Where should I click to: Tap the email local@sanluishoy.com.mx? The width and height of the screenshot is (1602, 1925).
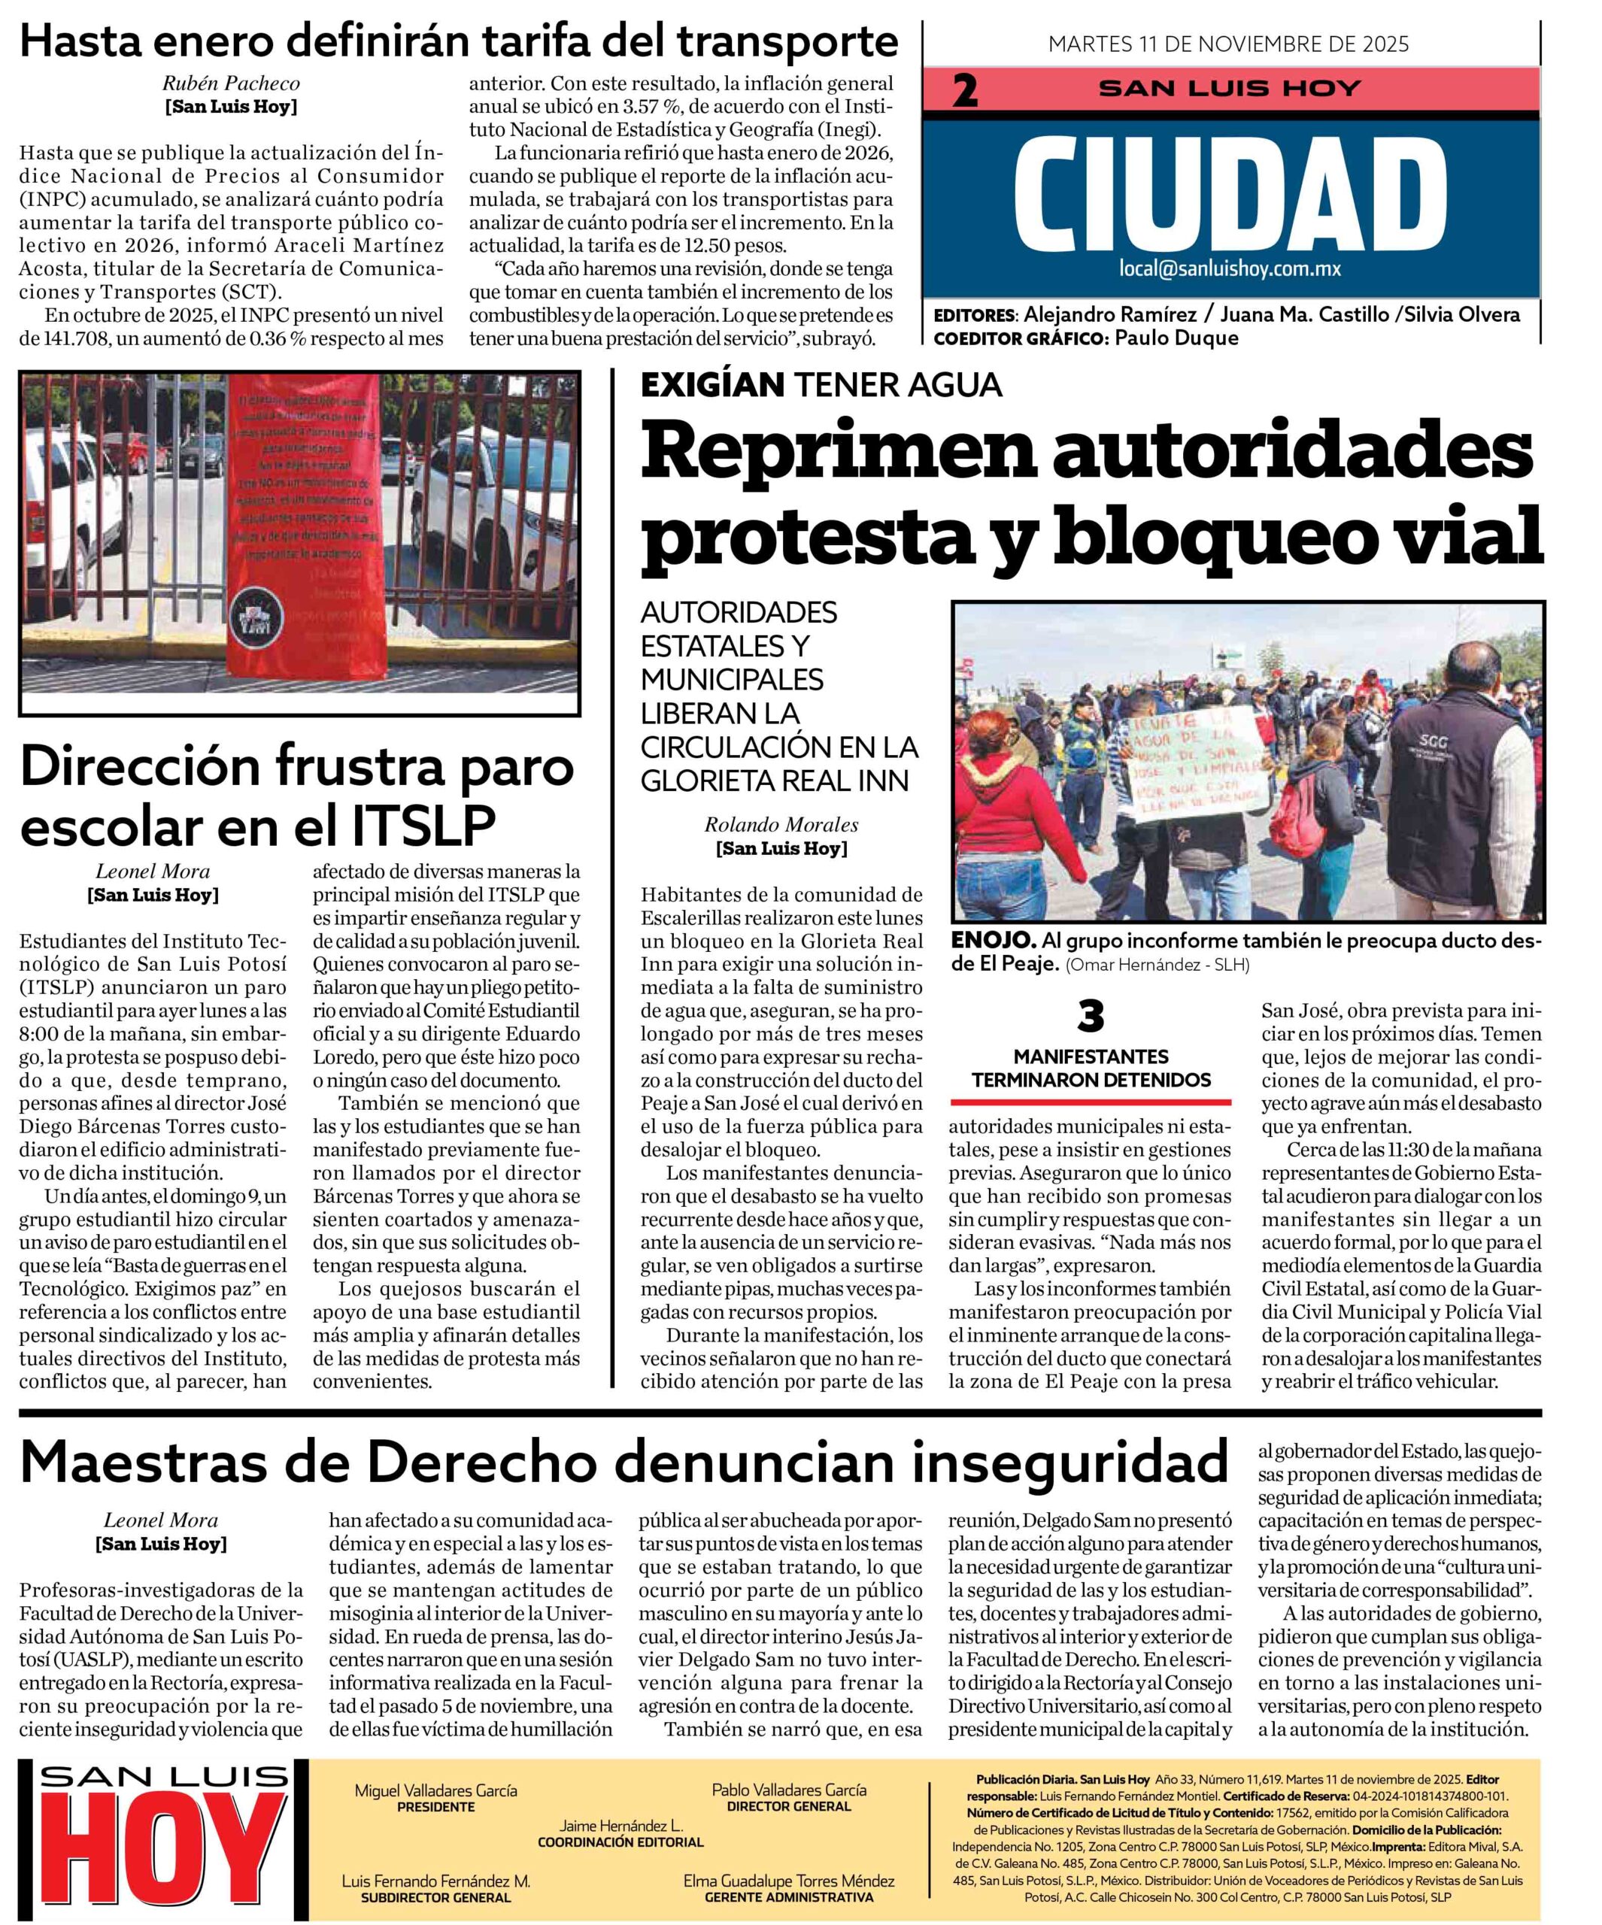click(x=1230, y=269)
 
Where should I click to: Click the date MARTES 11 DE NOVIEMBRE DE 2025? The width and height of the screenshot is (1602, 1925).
click(x=1229, y=43)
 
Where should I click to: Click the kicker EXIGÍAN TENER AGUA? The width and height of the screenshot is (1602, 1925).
click(x=821, y=385)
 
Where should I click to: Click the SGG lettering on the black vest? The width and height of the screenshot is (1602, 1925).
click(x=1431, y=741)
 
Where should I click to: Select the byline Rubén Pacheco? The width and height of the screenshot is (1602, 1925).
click(x=231, y=83)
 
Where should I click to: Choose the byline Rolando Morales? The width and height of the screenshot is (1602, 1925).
click(x=781, y=825)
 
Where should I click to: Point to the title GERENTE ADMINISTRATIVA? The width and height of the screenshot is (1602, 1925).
click(x=789, y=1896)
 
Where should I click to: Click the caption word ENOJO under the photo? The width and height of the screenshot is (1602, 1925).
click(x=993, y=941)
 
